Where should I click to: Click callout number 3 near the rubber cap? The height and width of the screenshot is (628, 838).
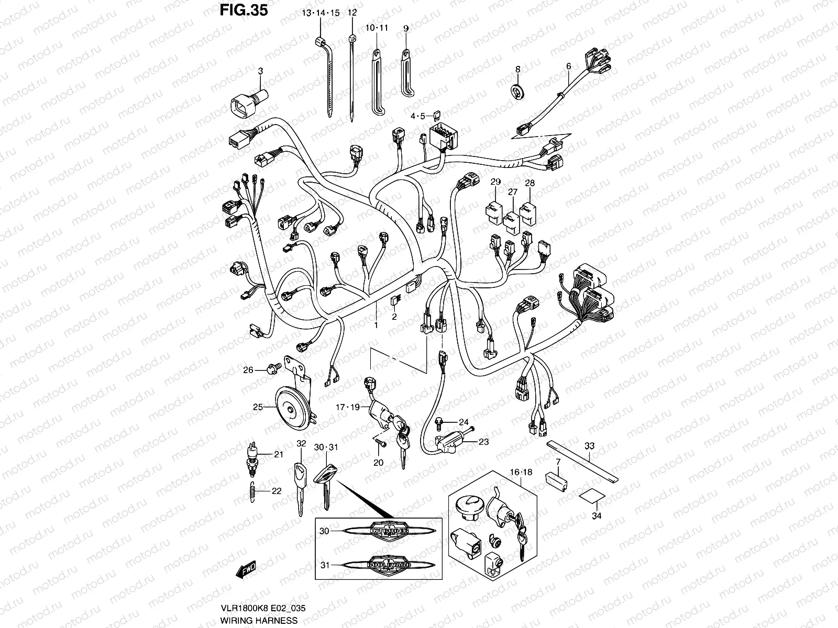(260, 70)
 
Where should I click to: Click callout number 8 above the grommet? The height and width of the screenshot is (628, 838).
(517, 69)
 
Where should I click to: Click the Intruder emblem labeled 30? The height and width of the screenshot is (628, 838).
(389, 530)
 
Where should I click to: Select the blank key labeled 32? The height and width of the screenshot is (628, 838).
(300, 487)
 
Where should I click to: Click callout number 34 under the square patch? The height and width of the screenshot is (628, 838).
(597, 515)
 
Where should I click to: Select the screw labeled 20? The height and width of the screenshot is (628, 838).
(380, 443)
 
